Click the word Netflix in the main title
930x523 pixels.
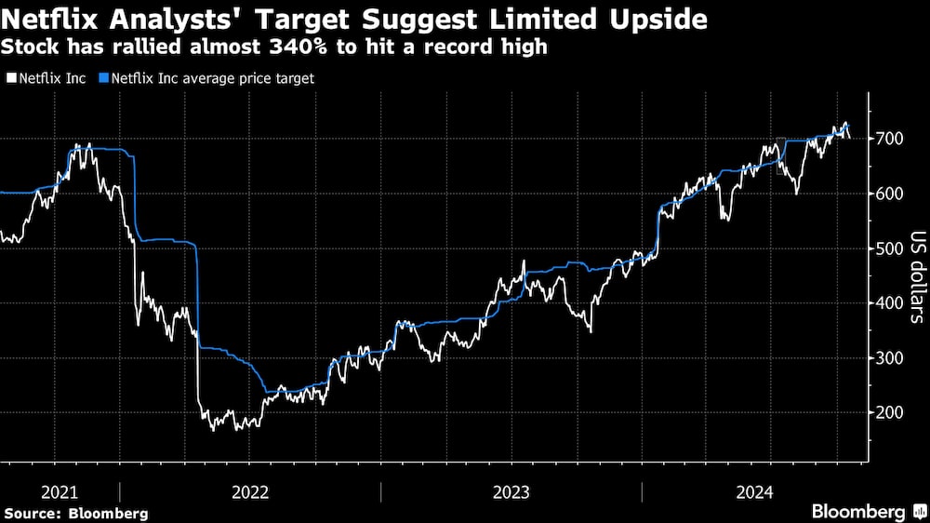pos(47,18)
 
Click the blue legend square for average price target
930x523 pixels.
pos(104,79)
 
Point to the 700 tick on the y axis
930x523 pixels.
pos(889,139)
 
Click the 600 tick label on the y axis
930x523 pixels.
pos(889,194)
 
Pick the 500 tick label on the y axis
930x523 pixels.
pos(889,248)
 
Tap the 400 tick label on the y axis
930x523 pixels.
pos(889,303)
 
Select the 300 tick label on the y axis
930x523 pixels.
pos(889,358)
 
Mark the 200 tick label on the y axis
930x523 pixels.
pos(889,413)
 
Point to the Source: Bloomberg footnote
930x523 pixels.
pos(76,513)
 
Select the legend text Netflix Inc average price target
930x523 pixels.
pos(212,79)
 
